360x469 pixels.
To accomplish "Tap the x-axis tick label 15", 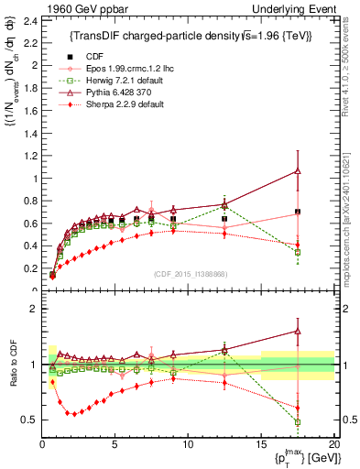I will [x=261, y=445].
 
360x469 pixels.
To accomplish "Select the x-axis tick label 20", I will [x=333, y=445].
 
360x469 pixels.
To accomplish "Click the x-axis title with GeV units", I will [x=298, y=459].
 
